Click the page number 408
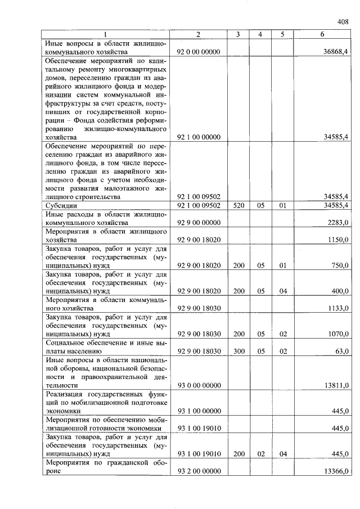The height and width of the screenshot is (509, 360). (x=343, y=22)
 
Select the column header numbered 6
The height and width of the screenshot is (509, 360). (x=322, y=35)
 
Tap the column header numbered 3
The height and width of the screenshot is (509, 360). (x=238, y=35)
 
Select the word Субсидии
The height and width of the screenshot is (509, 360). (x=62, y=206)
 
